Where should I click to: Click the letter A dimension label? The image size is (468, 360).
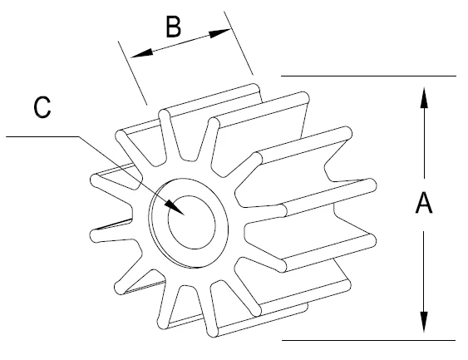tap(424, 203)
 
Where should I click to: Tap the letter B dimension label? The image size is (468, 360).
tap(173, 27)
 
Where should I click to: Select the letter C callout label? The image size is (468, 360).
tap(42, 107)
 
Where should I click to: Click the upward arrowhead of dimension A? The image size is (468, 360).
tap(424, 97)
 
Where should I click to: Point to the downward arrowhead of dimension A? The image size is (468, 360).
tap(424, 322)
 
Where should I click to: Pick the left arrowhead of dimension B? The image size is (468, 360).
tap(142, 53)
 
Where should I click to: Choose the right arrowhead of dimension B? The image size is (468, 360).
tap(220, 32)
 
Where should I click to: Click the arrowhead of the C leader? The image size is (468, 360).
tap(175, 207)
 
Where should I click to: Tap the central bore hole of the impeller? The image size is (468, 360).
tap(192, 222)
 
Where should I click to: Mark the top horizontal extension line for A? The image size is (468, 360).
tap(368, 76)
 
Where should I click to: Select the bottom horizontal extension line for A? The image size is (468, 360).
tap(368, 340)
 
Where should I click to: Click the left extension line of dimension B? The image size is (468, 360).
tap(132, 73)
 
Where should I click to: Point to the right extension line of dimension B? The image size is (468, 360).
tap(239, 43)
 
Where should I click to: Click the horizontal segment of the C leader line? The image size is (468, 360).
tap(42, 136)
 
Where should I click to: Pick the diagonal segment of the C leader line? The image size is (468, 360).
tap(131, 175)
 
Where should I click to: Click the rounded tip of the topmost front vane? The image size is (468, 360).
tap(164, 115)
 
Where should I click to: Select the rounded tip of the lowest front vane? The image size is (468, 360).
tap(213, 332)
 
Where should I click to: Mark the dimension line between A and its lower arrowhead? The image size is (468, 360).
tap(424, 271)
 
